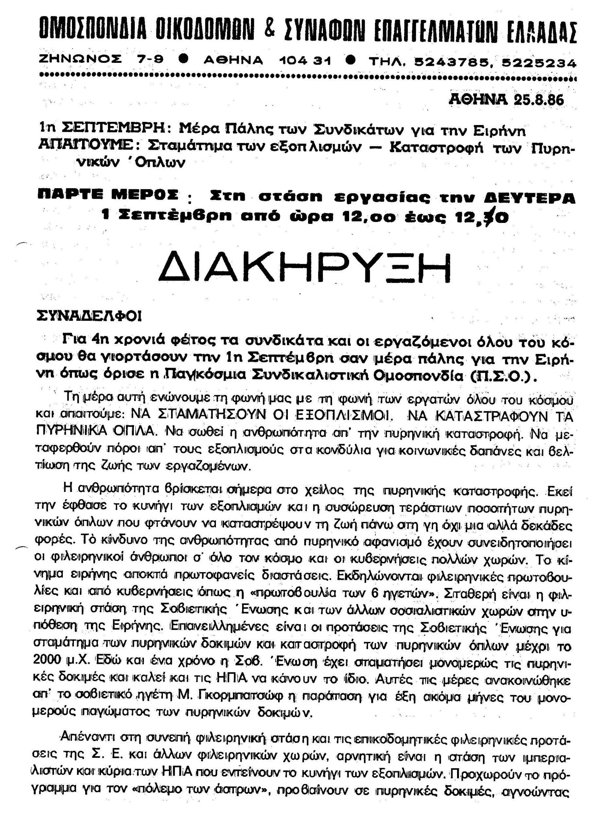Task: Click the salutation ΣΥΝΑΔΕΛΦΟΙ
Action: pyautogui.click(x=89, y=316)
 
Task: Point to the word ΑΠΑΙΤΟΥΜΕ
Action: pyautogui.click(x=85, y=144)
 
